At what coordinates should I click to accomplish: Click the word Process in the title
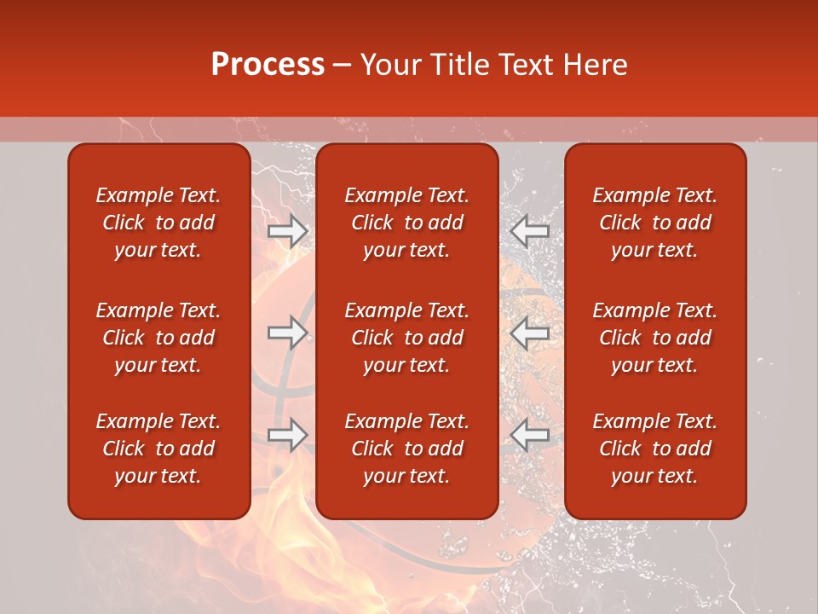(x=268, y=65)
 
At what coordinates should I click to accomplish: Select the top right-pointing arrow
(x=287, y=230)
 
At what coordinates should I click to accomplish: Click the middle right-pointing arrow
(x=287, y=333)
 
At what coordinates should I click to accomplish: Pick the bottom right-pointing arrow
(x=287, y=435)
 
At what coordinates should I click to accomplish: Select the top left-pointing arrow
(x=530, y=230)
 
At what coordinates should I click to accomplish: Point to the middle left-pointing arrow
(x=530, y=333)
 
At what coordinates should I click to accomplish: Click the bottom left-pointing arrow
(x=530, y=435)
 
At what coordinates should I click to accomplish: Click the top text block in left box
(x=158, y=223)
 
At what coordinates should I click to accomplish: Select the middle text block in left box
(x=158, y=338)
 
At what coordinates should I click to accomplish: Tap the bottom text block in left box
(x=158, y=449)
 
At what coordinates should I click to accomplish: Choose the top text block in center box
(x=406, y=223)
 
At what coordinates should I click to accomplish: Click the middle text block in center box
(x=406, y=338)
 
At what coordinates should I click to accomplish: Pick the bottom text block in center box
(x=406, y=449)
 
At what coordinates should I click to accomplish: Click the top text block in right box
(x=654, y=223)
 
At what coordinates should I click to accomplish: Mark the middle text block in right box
(x=654, y=338)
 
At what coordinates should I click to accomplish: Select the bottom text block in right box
(x=654, y=449)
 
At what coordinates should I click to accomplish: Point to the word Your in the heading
(x=389, y=65)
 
